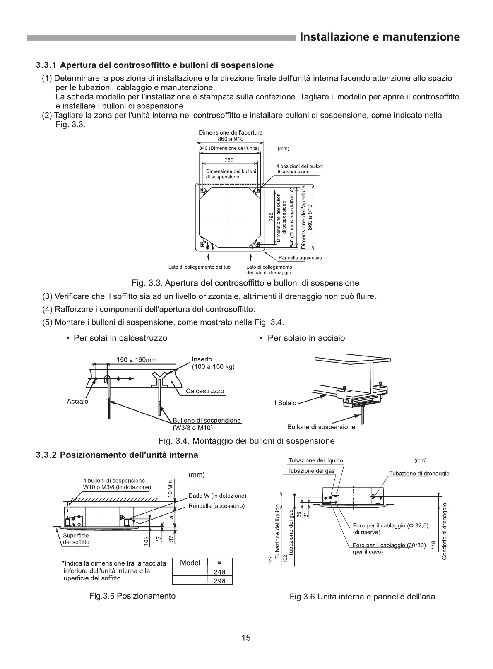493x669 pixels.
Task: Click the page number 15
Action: [246, 638]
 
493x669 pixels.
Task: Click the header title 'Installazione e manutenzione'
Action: [379, 37]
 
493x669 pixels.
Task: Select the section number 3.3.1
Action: [46, 65]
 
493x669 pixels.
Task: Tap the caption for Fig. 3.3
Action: [245, 283]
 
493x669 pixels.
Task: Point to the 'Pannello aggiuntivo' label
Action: [300, 258]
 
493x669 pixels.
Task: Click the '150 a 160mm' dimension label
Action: [137, 360]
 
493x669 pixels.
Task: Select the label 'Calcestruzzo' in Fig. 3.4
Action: [205, 391]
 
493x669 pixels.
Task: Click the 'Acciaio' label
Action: [77, 402]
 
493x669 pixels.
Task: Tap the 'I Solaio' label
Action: [285, 403]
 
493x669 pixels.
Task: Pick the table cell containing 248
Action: [219, 572]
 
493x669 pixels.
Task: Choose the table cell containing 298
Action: [219, 581]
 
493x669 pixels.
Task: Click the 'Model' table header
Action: [190, 563]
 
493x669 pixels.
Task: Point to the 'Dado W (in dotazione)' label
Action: [217, 496]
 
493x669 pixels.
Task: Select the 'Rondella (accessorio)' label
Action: [216, 506]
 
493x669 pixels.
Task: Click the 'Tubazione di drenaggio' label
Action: [419, 474]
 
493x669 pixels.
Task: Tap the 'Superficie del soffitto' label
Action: [76, 539]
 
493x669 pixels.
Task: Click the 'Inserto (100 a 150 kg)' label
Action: [213, 363]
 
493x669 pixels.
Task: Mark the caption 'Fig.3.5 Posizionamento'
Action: [132, 596]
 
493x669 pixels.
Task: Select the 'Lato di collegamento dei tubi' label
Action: [200, 267]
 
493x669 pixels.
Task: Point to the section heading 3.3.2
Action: [117, 455]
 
